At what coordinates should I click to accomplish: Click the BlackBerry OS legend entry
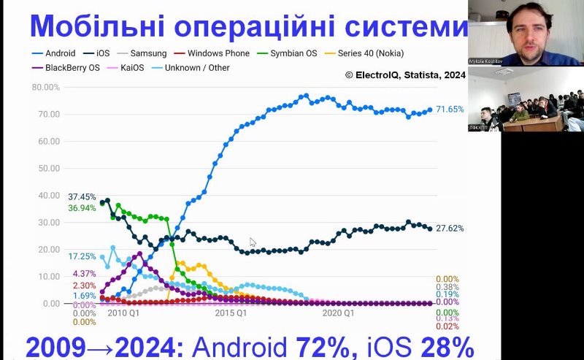[69, 68]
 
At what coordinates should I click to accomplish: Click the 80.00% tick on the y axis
[46, 88]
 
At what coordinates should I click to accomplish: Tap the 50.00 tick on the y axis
[49, 169]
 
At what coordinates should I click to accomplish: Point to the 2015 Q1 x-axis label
[231, 314]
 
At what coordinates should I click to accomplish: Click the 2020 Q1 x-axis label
[338, 314]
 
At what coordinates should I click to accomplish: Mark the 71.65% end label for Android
[450, 110]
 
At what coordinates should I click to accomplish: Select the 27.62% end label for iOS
[450, 229]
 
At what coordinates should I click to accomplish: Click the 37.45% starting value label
[82, 197]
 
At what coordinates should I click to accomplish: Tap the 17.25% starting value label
[82, 257]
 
